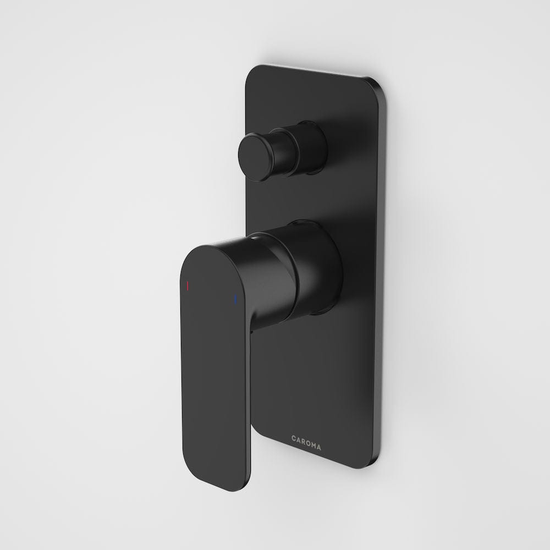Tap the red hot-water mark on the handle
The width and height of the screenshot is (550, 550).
click(188, 286)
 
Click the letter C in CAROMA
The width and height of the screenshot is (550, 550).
click(294, 438)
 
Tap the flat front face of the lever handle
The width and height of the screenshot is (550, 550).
click(215, 374)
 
